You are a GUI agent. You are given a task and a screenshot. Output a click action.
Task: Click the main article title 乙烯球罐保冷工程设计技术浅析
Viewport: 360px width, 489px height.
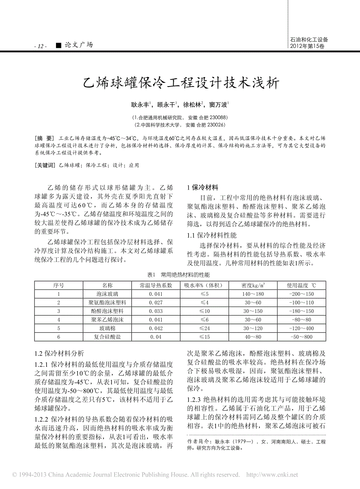pyautogui.click(x=180, y=83)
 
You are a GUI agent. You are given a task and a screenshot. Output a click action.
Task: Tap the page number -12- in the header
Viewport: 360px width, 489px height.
pyautogui.click(x=41, y=46)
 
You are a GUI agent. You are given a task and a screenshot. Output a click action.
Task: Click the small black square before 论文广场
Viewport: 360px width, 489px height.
pyautogui.click(x=58, y=45)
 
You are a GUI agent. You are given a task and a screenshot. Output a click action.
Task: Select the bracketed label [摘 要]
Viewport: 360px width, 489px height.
pyautogui.click(x=44, y=138)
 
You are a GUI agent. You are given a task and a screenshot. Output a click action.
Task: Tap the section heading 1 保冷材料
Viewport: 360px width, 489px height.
pyautogui.click(x=202, y=187)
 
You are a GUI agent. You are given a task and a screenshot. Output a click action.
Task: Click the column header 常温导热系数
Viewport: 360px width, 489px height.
pyautogui.click(x=156, y=285)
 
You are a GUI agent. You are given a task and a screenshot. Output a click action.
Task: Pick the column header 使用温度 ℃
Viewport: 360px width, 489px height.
pyautogui.click(x=301, y=285)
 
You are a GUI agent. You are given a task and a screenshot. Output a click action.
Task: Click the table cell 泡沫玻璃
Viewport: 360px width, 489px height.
pyautogui.click(x=107, y=294)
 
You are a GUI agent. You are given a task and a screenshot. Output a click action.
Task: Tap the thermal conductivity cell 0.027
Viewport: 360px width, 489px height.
pyautogui.click(x=156, y=302)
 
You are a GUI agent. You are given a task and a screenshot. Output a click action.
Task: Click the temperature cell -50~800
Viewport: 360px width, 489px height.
pyautogui.click(x=301, y=337)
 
